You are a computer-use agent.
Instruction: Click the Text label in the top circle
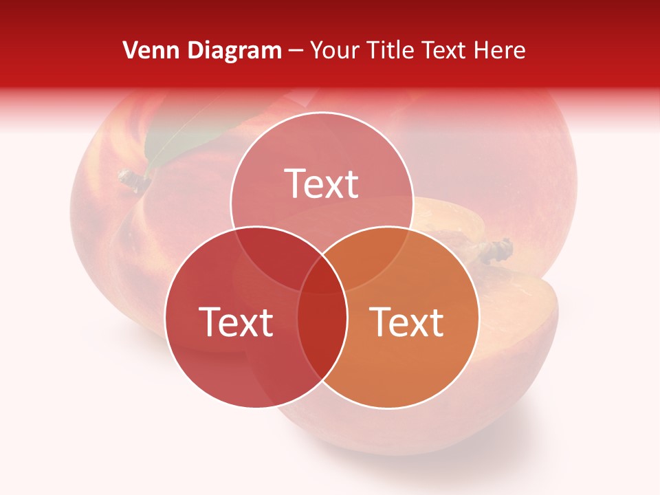pos(322,184)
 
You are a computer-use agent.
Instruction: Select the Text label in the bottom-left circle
pos(236,322)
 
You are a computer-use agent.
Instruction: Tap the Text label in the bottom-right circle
pos(407,322)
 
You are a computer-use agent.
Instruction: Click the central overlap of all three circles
pos(322,278)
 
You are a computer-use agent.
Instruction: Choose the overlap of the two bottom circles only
pos(322,330)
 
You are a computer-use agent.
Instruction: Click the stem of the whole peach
pos(135,180)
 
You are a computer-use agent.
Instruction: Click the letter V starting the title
pos(129,50)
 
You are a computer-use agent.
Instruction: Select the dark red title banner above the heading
pos(330,17)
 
